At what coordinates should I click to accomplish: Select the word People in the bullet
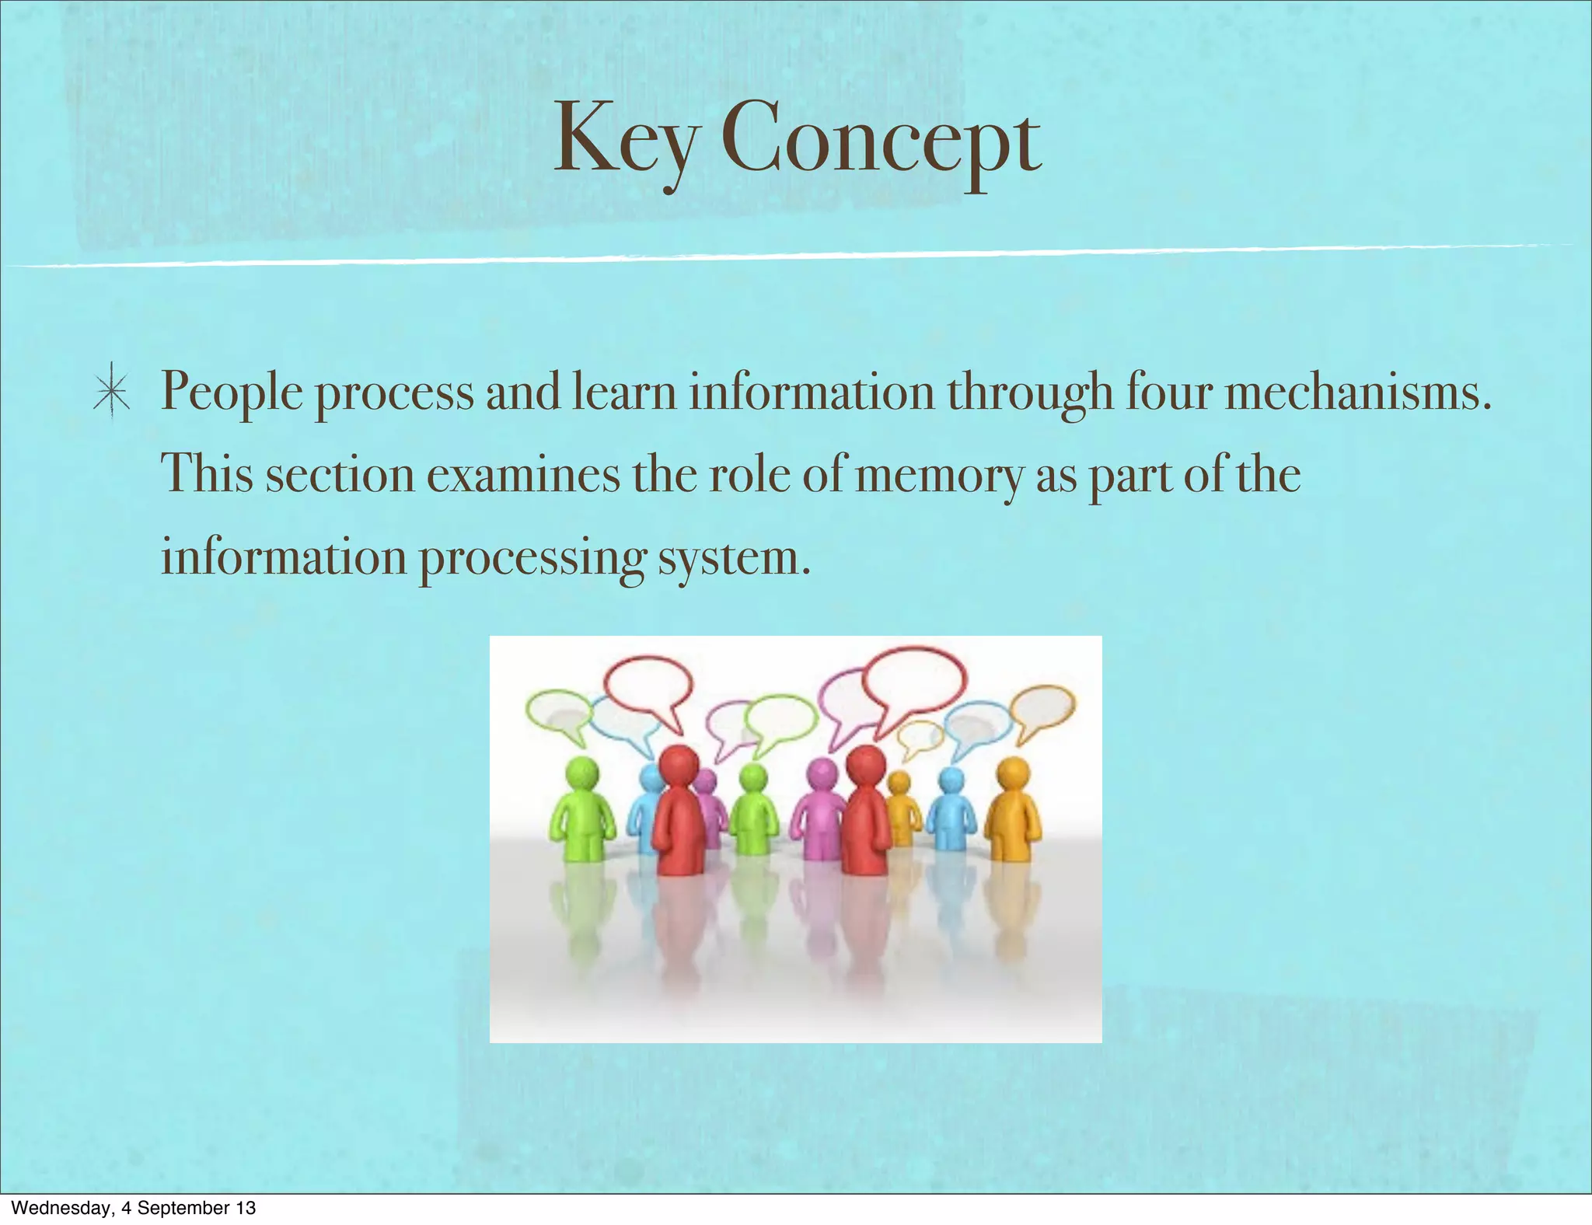tap(231, 393)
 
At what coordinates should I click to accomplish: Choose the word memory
tap(939, 475)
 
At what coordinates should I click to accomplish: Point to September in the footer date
tap(183, 1208)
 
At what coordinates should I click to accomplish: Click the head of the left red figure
tap(679, 765)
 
